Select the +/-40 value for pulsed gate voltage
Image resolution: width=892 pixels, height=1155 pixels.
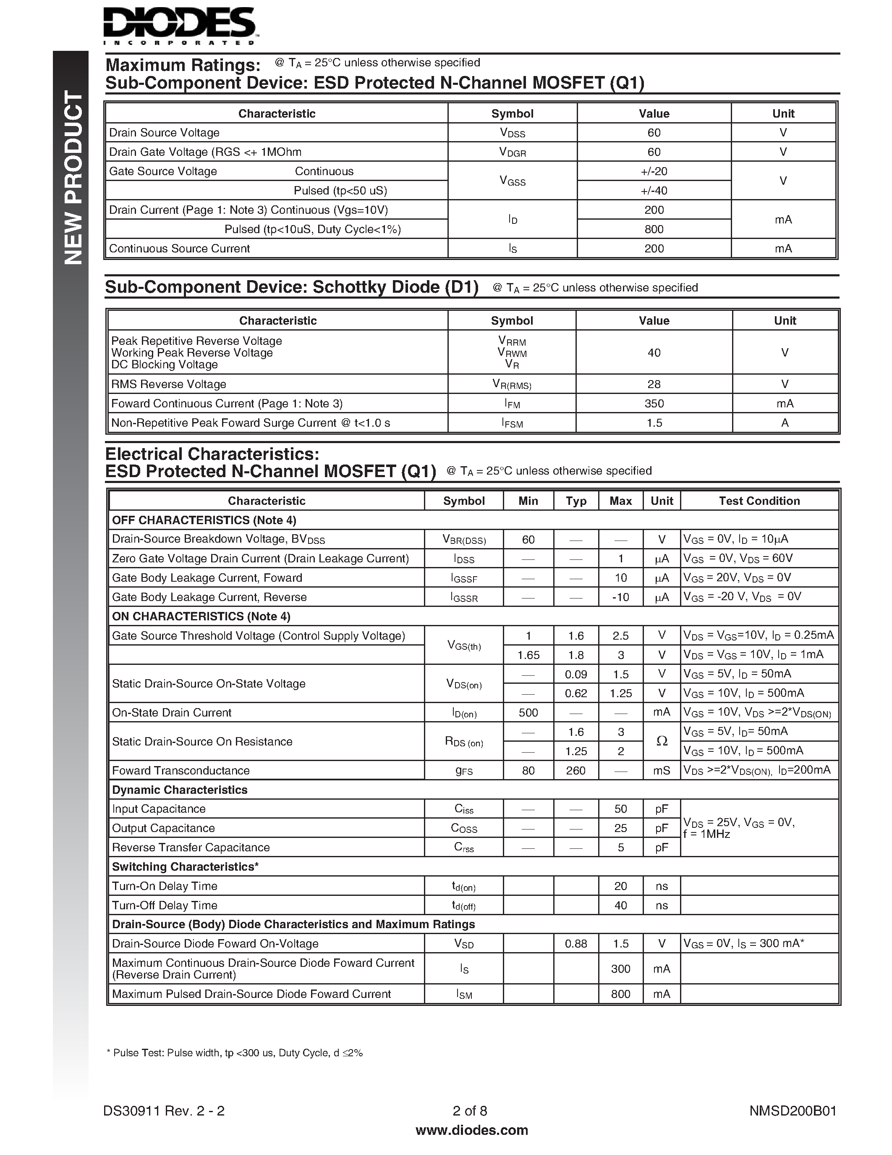tap(654, 190)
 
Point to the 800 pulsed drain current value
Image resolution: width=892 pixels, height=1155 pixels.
tap(654, 229)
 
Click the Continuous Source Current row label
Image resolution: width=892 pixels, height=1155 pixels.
tap(179, 249)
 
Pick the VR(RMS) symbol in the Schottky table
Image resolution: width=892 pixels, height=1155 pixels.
tap(512, 384)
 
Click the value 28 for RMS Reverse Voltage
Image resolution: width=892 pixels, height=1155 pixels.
tap(654, 384)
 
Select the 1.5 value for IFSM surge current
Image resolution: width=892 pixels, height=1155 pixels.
tap(654, 423)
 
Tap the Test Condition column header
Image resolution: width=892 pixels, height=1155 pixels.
tap(759, 501)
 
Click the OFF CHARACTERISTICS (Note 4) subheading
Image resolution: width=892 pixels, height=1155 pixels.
tap(204, 520)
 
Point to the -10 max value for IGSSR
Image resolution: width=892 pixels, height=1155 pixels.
tap(620, 597)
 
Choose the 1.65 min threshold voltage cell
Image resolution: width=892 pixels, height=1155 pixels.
tap(528, 655)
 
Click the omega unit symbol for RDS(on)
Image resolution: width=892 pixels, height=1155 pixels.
tap(662, 741)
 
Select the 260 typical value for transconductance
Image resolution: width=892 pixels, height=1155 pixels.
tap(575, 771)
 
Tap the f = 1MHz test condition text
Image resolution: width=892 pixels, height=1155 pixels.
tap(706, 835)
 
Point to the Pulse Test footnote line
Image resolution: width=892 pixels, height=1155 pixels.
tap(235, 1053)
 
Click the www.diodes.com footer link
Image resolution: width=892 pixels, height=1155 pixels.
tap(471, 1130)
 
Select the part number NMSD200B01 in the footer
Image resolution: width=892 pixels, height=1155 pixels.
tap(793, 1110)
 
